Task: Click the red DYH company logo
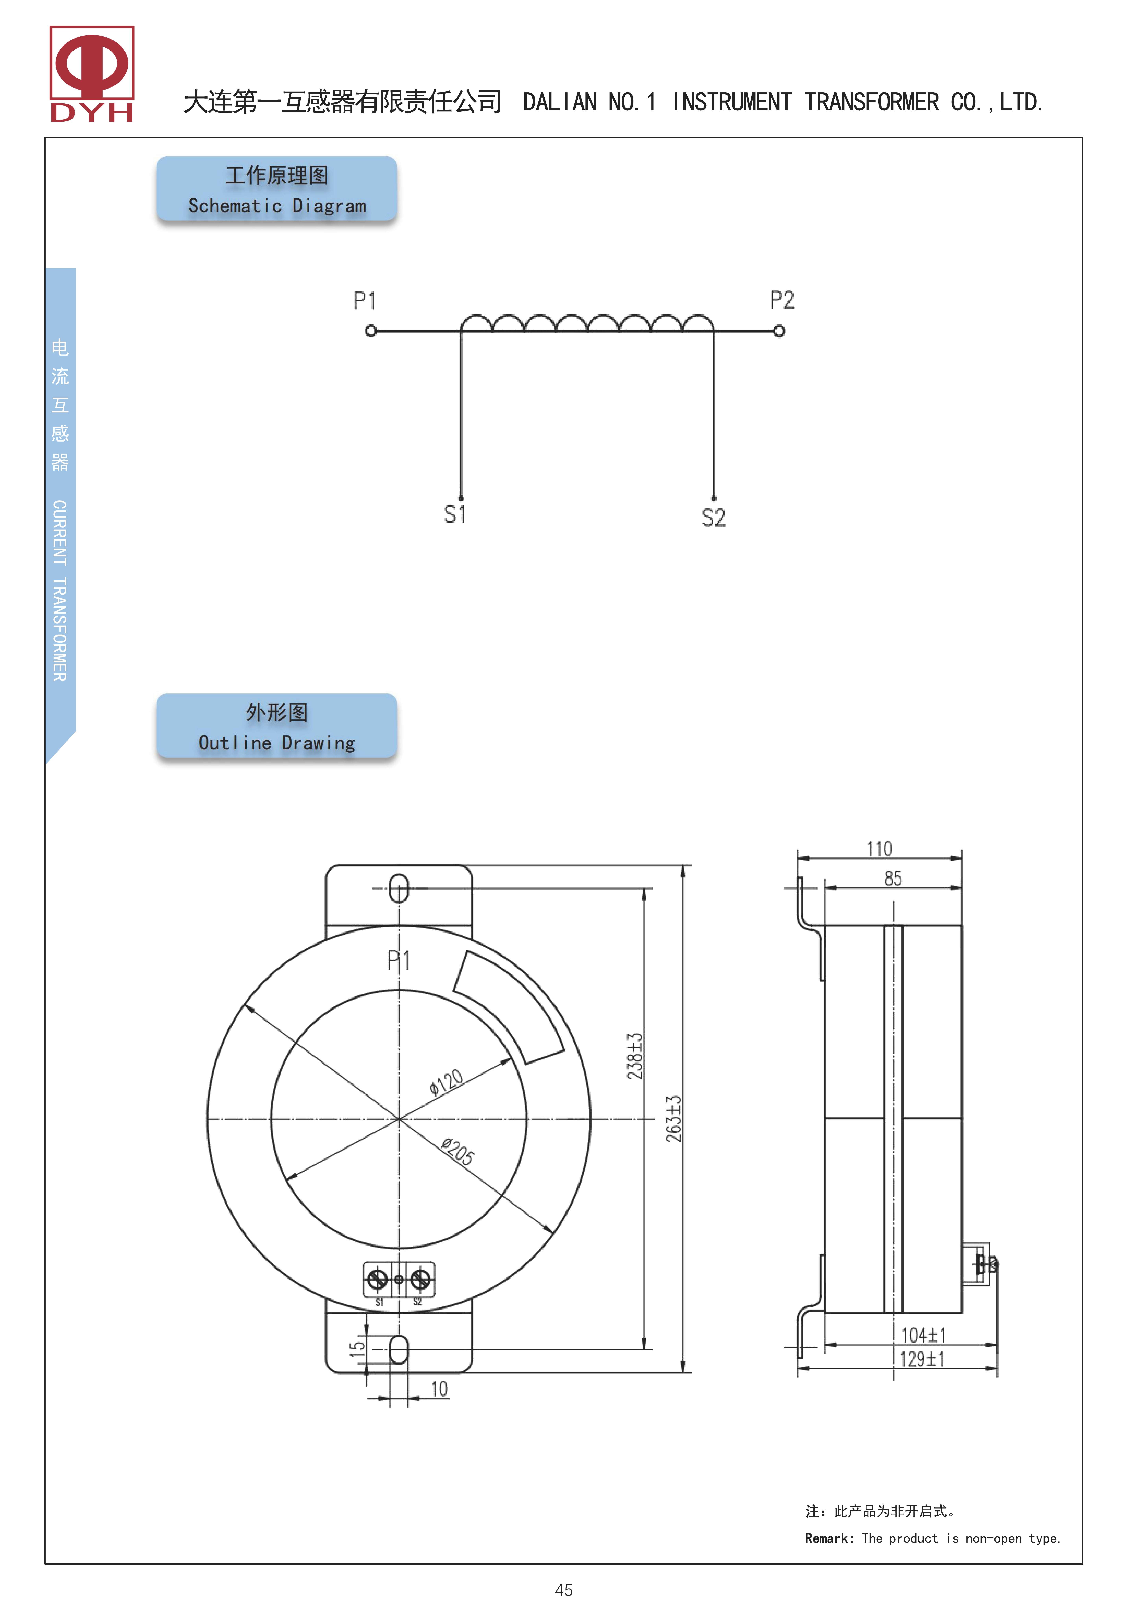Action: [x=92, y=74]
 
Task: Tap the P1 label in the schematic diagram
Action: [x=365, y=301]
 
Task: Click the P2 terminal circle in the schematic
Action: [x=779, y=331]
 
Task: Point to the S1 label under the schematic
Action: [x=455, y=514]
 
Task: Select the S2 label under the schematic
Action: [x=713, y=517]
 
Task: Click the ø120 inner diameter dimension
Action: [x=446, y=1082]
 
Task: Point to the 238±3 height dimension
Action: [x=634, y=1056]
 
